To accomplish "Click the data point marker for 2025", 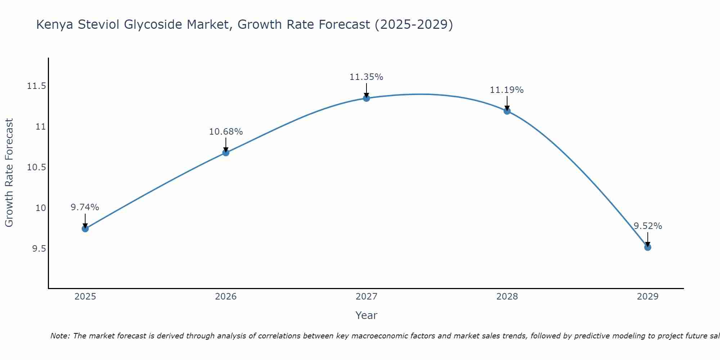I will [85, 229].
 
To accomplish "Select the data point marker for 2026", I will [226, 153].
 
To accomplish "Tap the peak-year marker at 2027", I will [366, 98].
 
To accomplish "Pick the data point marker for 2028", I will [507, 111].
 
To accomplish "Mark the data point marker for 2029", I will [648, 247].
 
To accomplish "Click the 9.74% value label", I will [85, 207].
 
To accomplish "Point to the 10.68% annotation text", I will [226, 132].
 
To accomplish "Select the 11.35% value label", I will [366, 77].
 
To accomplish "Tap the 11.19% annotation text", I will [507, 90].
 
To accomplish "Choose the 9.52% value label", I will [648, 226].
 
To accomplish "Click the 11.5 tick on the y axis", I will [36, 86].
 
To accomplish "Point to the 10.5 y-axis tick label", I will [36, 167].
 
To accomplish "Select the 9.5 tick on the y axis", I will [39, 249].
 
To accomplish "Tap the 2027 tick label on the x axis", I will [366, 297].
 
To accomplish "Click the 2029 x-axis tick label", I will [648, 297].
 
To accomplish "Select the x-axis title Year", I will [366, 315].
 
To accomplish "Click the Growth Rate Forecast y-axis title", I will [9, 172].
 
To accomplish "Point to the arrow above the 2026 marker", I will [226, 144].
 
